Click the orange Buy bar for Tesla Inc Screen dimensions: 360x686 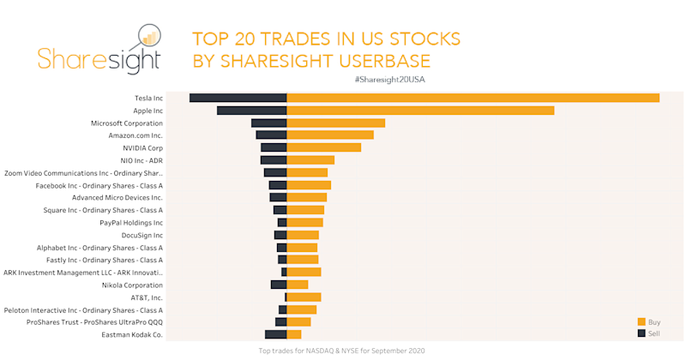(472, 98)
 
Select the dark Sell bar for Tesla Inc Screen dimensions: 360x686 (238, 98)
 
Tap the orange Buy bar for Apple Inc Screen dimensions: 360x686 (420, 111)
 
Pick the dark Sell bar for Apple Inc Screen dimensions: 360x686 (251, 111)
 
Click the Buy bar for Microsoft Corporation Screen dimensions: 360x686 (335, 123)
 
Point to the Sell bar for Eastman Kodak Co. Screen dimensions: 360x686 (275, 334)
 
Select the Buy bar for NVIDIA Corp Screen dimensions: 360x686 (323, 147)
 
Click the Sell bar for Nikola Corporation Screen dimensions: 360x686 (278, 285)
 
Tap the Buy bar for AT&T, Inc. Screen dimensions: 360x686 (304, 297)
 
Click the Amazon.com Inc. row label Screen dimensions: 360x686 (135, 135)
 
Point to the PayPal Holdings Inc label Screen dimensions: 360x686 (131, 223)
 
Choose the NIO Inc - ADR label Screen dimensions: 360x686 (142, 160)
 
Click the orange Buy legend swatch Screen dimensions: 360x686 (641, 321)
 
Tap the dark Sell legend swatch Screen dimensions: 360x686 (641, 333)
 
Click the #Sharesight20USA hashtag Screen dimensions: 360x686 (389, 80)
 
